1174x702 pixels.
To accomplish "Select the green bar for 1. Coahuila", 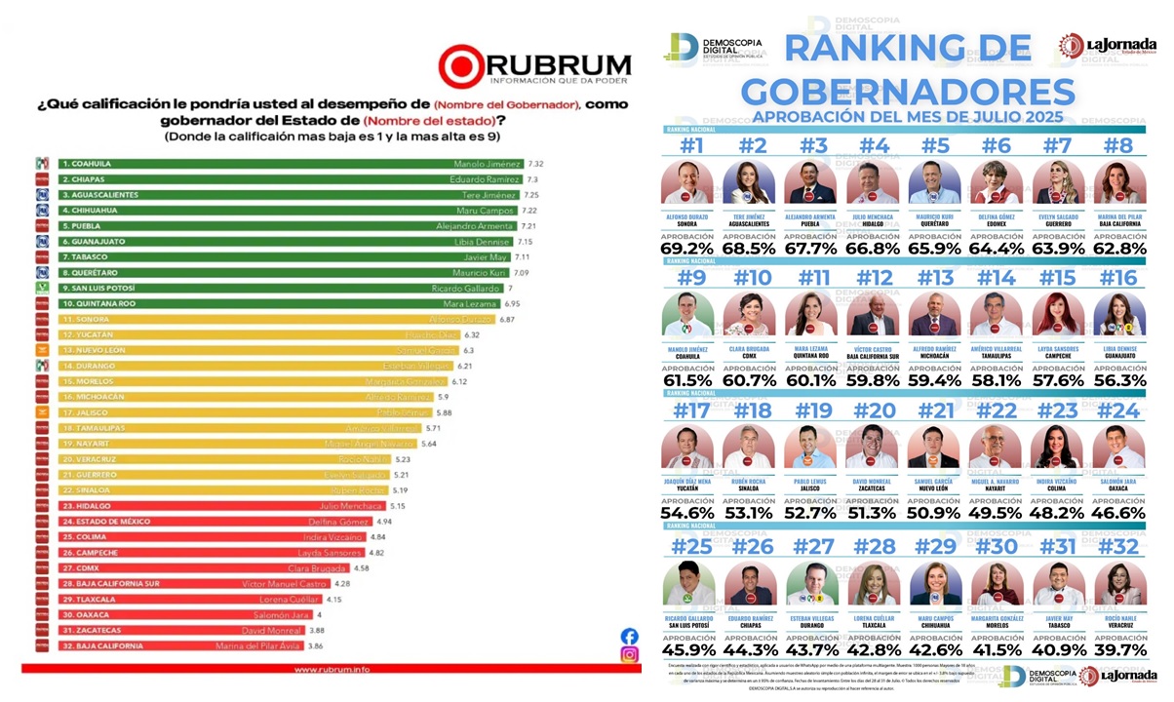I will point(293,165).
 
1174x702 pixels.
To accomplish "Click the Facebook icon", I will point(630,636).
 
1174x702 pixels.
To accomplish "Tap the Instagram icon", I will point(630,655).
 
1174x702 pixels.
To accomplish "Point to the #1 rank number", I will point(685,145).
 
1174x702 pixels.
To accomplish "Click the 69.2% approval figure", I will point(685,249).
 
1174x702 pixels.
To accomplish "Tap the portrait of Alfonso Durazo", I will point(685,183).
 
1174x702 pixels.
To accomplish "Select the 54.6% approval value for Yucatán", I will point(685,513).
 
